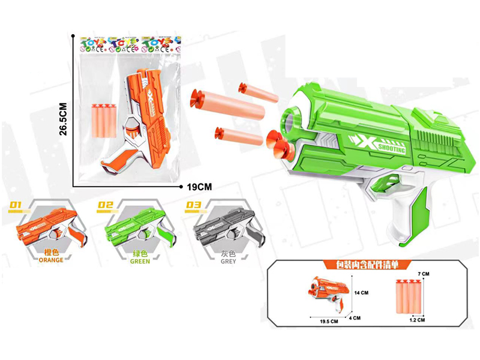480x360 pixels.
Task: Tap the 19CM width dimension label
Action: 200,187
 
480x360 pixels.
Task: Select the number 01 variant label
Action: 16,206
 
